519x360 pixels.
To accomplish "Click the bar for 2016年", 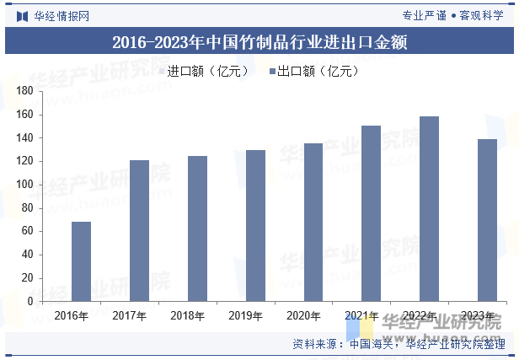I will pos(81,261).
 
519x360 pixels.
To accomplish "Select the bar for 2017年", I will pos(139,230).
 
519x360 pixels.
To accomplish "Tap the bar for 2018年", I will pos(197,228).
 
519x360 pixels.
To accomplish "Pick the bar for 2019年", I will pos(255,226).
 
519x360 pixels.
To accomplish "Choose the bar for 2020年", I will pos(313,223).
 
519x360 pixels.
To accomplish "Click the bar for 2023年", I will pos(487,220).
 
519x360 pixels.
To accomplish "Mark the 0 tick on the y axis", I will pos(30,301).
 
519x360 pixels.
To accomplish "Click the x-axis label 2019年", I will pos(244,316).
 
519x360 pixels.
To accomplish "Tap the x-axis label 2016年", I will pos(71,316).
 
